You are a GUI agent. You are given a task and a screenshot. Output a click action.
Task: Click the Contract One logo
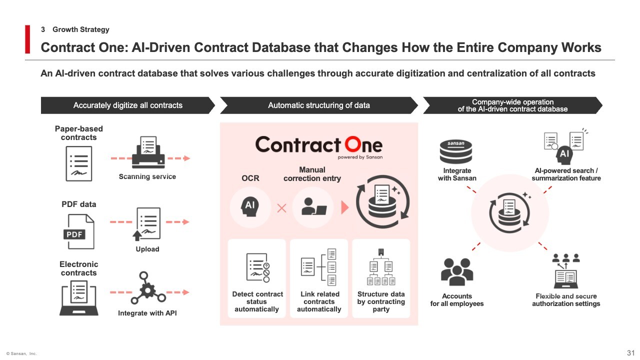[x=319, y=147]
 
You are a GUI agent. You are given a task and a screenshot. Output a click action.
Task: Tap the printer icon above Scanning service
[x=148, y=152]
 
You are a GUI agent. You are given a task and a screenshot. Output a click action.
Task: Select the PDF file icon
[x=78, y=231]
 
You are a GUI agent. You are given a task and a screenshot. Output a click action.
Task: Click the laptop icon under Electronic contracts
[x=79, y=298]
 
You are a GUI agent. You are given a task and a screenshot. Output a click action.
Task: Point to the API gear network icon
[x=148, y=287]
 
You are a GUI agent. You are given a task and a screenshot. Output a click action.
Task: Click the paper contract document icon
[x=79, y=163]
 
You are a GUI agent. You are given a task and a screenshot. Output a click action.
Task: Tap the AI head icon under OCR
[x=250, y=206]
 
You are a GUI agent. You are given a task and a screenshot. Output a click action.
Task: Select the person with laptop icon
[x=313, y=206]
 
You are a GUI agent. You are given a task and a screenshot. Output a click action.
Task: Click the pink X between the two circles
[x=281, y=208]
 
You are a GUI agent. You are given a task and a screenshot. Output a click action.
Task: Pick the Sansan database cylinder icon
[x=456, y=151]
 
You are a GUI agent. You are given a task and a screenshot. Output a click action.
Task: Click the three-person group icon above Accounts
[x=457, y=272]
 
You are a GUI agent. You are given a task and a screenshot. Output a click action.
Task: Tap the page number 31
[x=630, y=353]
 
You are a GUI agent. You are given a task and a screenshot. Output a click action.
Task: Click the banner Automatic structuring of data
[x=319, y=105]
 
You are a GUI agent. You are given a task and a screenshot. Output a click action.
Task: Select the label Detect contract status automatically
[x=257, y=301]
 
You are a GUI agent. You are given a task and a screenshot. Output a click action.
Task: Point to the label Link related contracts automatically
[x=319, y=301]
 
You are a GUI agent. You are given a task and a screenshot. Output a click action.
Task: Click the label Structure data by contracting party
[x=381, y=301]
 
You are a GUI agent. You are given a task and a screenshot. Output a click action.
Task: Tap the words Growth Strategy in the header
[x=81, y=29]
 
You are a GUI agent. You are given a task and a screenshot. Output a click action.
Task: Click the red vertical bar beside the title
[x=27, y=39]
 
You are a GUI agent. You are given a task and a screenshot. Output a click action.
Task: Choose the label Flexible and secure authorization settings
[x=566, y=300]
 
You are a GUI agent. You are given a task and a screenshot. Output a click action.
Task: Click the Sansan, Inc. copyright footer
[x=21, y=353]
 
